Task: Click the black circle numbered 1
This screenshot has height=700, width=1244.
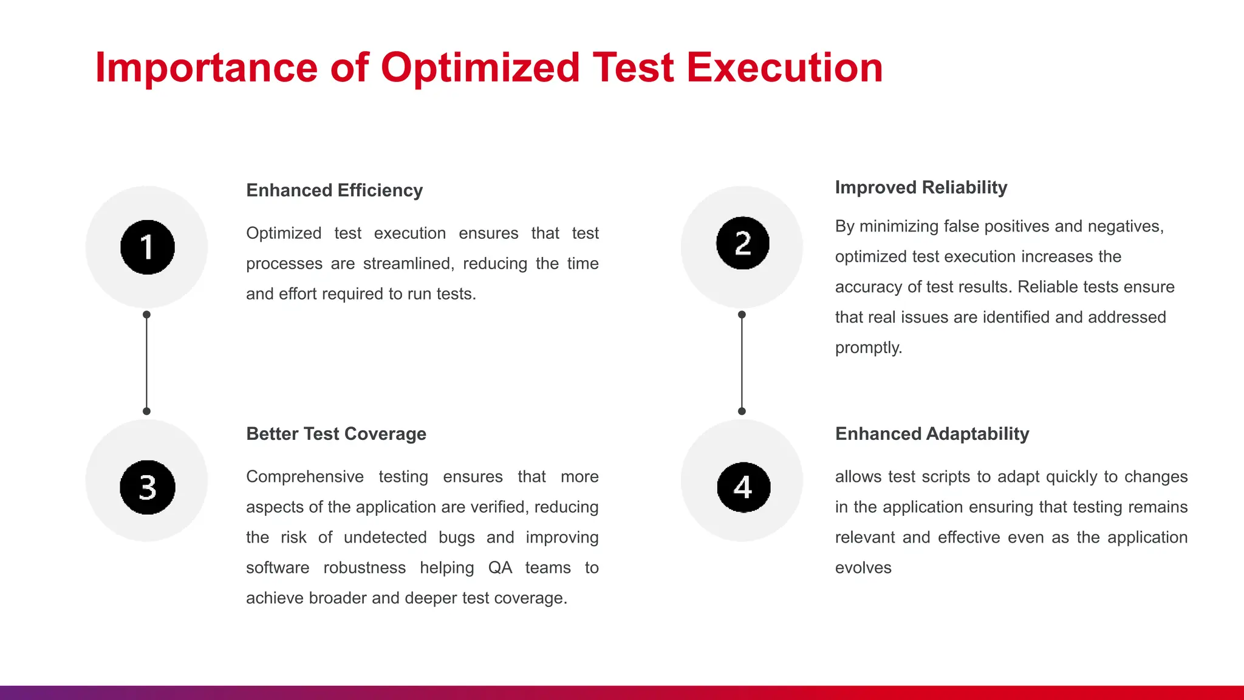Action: click(147, 247)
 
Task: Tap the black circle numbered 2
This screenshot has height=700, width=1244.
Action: click(742, 243)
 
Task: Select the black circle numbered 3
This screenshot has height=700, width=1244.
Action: click(147, 487)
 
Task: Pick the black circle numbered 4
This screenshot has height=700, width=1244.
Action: click(743, 487)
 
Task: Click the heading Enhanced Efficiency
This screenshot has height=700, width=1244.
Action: click(334, 190)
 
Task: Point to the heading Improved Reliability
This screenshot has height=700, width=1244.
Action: click(921, 187)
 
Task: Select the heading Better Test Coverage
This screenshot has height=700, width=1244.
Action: click(336, 434)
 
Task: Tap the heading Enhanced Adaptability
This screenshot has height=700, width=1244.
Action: click(932, 434)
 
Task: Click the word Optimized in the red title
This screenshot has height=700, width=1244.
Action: click(480, 67)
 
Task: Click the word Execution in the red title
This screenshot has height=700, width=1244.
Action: click(784, 67)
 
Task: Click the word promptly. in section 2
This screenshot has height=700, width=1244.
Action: click(868, 348)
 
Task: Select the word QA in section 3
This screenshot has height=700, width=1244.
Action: click(500, 568)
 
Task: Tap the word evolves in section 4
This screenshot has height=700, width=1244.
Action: click(863, 568)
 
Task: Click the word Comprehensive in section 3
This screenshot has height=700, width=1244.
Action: click(305, 476)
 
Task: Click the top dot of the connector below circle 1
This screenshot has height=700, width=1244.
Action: click(146, 315)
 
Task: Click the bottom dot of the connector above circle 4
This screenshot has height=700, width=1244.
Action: click(742, 411)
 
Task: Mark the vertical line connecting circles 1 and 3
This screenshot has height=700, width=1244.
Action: click(146, 363)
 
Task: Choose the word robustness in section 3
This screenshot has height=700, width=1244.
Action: click(364, 568)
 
